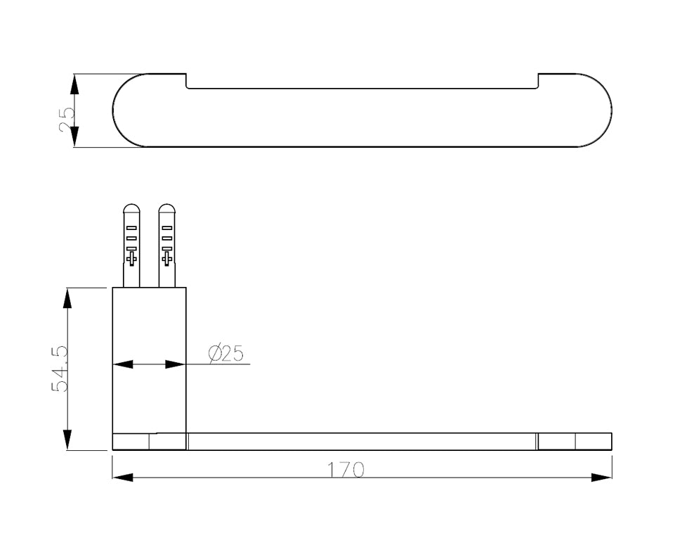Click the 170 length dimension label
tap(346, 470)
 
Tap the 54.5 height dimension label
tap(60, 369)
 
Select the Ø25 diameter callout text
tap(225, 353)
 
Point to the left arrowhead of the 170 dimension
tap(123, 477)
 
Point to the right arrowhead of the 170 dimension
tap(601, 477)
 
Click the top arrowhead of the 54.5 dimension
tap(67, 298)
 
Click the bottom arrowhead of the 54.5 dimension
tap(67, 440)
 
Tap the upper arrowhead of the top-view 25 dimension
tap(74, 84)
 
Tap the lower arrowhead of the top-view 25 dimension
tap(74, 136)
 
